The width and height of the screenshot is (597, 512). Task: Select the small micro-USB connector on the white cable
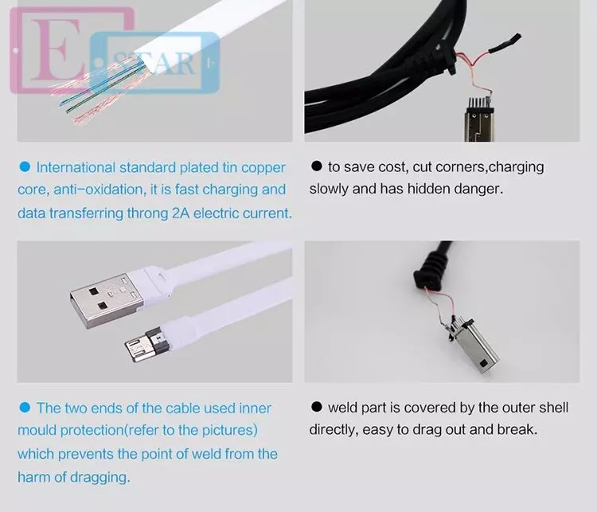143,344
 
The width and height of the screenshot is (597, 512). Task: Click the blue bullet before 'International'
24,167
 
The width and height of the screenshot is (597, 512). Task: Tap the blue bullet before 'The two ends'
24,408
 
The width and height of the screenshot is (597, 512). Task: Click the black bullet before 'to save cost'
316,166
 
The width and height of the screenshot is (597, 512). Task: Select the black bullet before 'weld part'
316,407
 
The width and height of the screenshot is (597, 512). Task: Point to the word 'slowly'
330,190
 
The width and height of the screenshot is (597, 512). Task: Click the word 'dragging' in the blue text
98,477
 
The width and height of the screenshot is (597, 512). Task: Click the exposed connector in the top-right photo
481,119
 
